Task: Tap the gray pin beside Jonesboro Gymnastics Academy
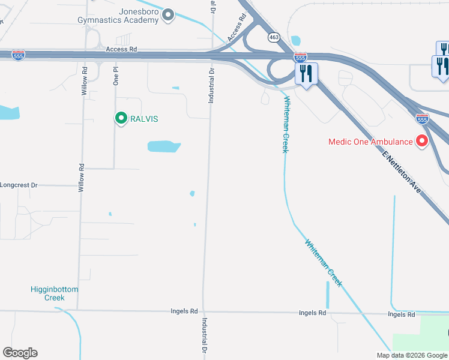tap(169, 15)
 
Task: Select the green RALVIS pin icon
tap(121, 118)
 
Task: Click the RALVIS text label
tap(145, 119)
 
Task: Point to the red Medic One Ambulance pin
tap(422, 142)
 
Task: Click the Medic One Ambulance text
tap(370, 142)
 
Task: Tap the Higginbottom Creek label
tap(54, 293)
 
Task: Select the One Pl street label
tap(116, 76)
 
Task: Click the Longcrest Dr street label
tap(19, 185)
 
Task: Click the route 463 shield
tap(274, 37)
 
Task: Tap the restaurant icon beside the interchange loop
tap(307, 74)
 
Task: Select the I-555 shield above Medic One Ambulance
tap(423, 118)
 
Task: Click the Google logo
tap(20, 353)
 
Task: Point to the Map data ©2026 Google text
tap(412, 355)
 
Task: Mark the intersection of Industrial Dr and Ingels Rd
tap(203, 312)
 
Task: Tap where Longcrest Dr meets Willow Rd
tap(80, 185)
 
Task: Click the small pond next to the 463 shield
tap(295, 41)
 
